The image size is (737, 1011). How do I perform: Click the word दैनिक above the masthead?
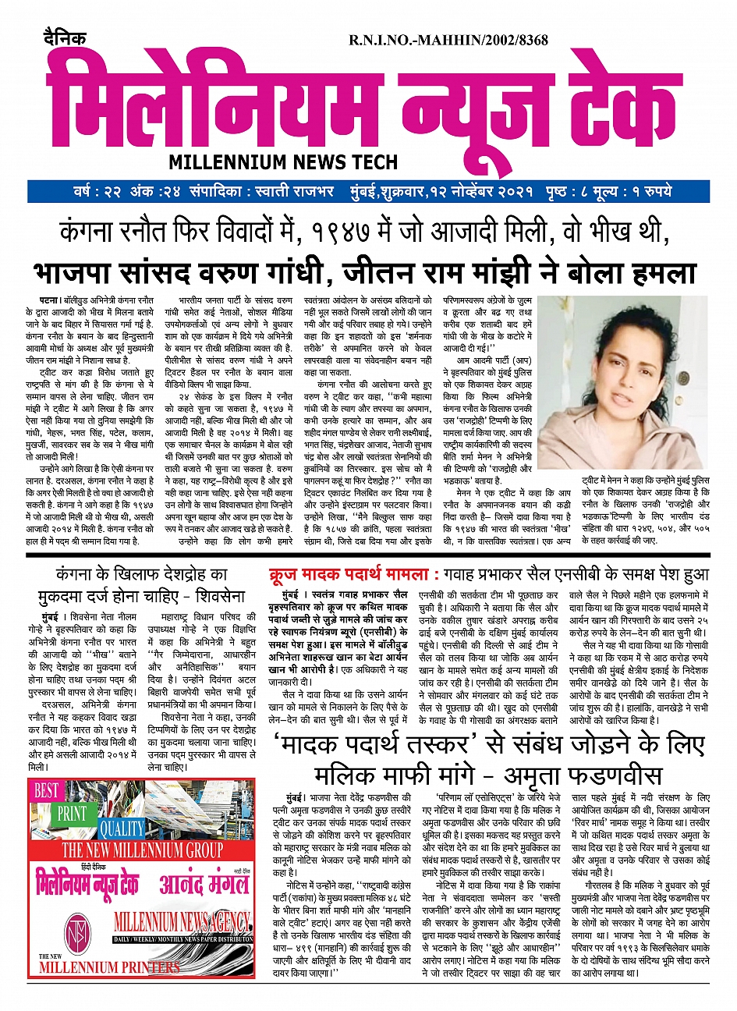66,39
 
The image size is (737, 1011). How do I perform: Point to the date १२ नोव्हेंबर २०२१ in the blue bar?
508,192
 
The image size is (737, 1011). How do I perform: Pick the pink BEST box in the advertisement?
46,790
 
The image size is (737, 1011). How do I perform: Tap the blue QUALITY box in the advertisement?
122,828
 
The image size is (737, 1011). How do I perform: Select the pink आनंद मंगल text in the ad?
204,883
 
